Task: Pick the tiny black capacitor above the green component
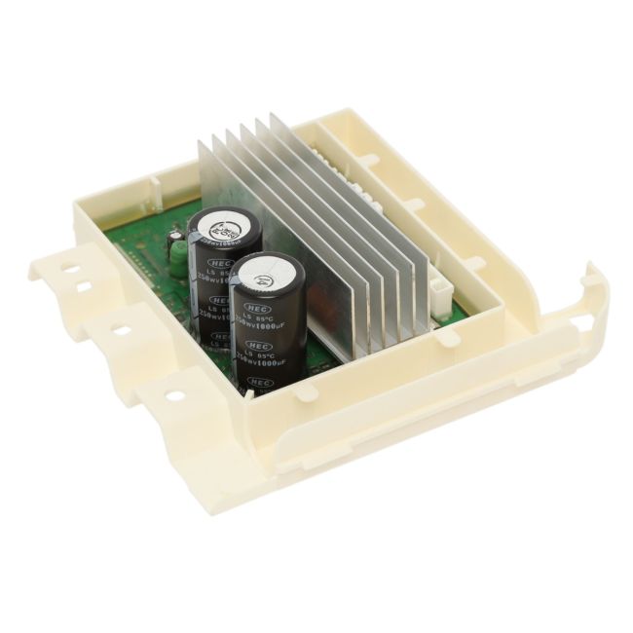(x=174, y=236)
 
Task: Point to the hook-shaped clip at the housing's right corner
(x=590, y=288)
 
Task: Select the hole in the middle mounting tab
(x=123, y=330)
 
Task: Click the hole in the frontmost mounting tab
(x=173, y=396)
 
